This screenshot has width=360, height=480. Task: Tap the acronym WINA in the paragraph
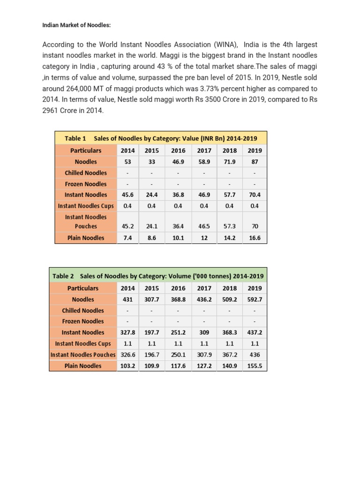click(x=226, y=45)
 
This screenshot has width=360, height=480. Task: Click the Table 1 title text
click(x=161, y=138)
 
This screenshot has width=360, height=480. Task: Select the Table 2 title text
click(x=158, y=276)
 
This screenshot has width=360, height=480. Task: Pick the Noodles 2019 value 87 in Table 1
click(x=255, y=162)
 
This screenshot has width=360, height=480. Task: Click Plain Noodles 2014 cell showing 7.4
click(x=128, y=238)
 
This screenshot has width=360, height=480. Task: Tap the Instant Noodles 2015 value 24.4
click(x=152, y=195)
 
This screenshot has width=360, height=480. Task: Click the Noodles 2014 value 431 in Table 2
click(x=128, y=299)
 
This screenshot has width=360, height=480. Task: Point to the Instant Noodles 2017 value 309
click(x=204, y=332)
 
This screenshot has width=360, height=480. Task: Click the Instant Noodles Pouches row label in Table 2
click(x=83, y=355)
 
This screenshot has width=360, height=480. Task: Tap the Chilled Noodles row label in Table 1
click(x=86, y=173)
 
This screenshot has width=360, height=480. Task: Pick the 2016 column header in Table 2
click(x=178, y=288)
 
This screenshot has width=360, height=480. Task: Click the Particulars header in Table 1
click(x=86, y=150)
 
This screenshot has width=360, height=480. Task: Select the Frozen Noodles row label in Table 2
click(x=83, y=321)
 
